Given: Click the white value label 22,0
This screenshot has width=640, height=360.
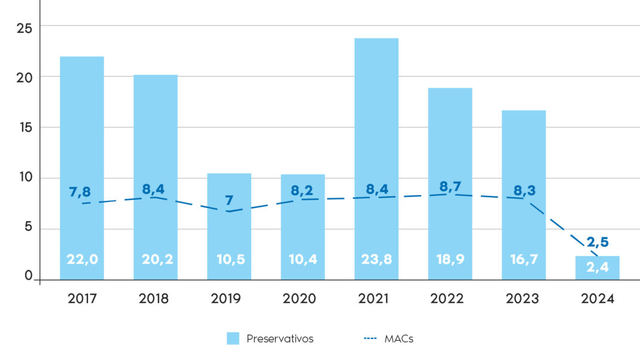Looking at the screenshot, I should pos(82,260).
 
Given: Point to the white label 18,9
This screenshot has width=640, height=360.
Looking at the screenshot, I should pos(450,260).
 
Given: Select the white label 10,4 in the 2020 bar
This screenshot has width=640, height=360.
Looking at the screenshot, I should pos(303,260).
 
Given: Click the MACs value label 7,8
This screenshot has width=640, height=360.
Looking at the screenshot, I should pos(80,191).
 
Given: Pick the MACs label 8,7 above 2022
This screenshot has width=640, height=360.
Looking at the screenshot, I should pos(450,187).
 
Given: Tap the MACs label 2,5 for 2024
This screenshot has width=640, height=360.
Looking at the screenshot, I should pos(597,242).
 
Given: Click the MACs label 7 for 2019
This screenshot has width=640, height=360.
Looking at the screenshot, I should pos(229,200).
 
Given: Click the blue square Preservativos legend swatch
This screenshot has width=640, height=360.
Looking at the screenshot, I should pos(233,338).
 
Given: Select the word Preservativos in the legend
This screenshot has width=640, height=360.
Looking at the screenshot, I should pos(280,338).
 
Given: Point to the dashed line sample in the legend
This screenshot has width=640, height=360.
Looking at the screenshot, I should pos(370,338).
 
